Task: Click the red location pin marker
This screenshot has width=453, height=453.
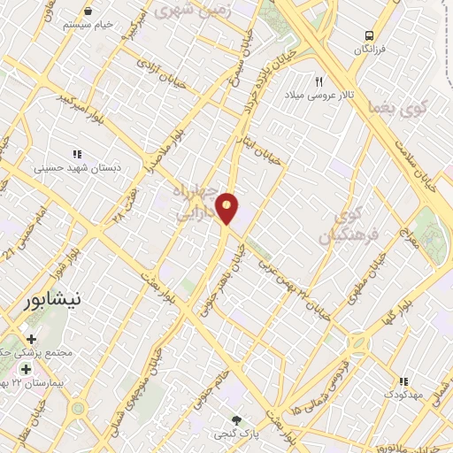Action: (x=228, y=208)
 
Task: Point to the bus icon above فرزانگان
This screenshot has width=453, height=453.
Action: (x=369, y=35)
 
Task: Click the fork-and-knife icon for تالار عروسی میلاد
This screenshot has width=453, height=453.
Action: (x=317, y=81)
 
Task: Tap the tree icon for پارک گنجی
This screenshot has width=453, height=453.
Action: (x=235, y=420)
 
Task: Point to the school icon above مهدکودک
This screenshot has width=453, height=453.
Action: (x=404, y=380)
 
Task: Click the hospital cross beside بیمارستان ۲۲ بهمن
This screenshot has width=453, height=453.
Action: (x=25, y=369)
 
